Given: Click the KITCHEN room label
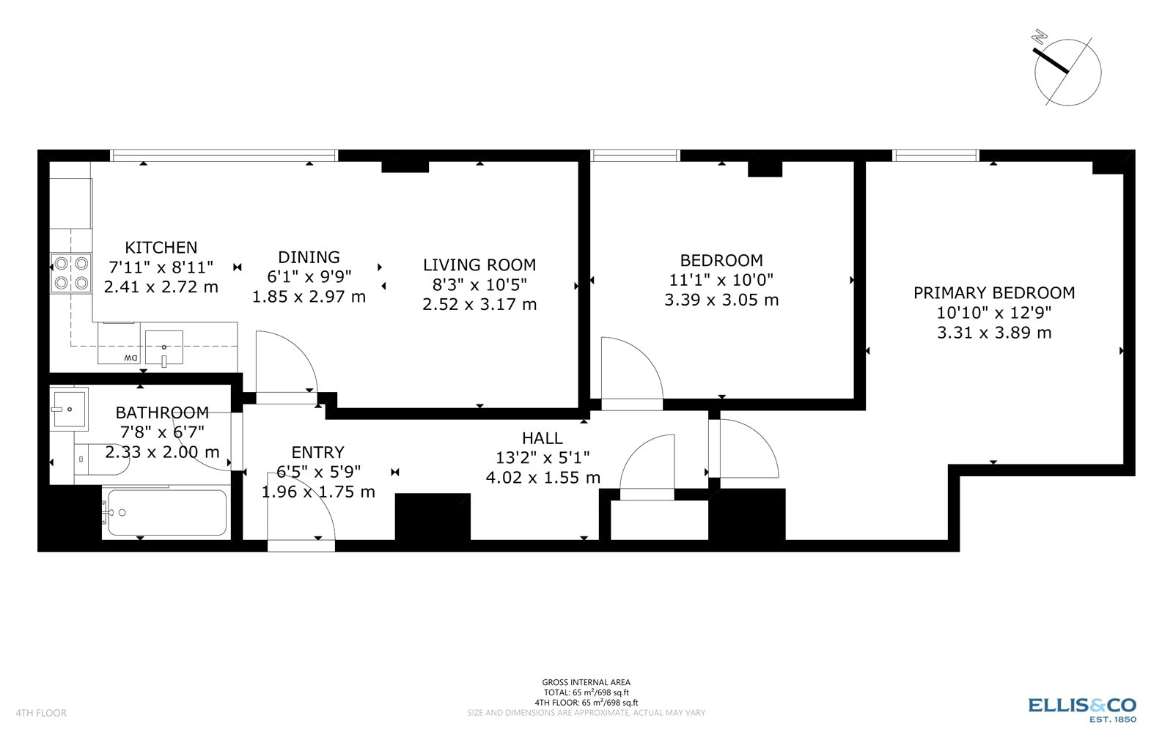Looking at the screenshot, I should [x=161, y=248].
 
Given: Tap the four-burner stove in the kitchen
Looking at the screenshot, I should [x=71, y=273].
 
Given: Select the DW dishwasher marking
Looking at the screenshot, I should [x=130, y=358].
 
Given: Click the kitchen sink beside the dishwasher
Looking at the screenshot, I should [x=163, y=347].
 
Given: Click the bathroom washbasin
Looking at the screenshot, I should [x=69, y=407].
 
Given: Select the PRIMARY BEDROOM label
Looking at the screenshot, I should [x=993, y=293].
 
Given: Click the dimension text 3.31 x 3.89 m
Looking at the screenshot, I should [x=993, y=333].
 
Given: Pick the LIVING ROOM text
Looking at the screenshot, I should [x=479, y=265].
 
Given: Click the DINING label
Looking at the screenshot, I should [x=309, y=257].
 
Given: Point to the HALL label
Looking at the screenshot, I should [x=542, y=438].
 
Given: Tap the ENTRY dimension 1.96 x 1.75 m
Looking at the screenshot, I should [x=318, y=492].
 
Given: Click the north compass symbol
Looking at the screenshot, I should [x=1067, y=72].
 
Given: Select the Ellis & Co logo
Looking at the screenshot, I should [x=1081, y=708].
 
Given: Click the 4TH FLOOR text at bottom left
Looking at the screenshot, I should [x=41, y=713].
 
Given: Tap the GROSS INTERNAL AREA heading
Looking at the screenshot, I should [x=586, y=682].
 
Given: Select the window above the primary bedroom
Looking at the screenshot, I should [x=935, y=155].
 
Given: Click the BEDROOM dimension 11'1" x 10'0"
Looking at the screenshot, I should [x=721, y=280].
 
